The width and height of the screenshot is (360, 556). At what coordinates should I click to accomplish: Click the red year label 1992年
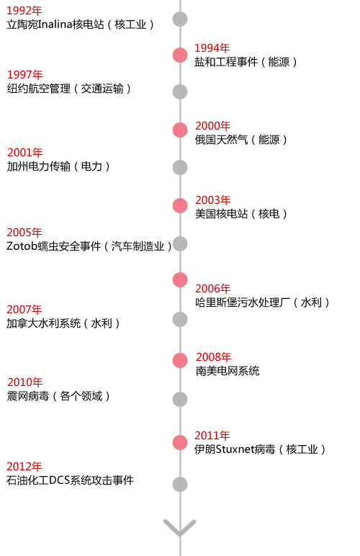[x=24, y=11]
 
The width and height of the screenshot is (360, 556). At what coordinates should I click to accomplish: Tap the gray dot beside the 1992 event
[x=180, y=19]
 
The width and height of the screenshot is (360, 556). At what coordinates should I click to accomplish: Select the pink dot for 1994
[x=180, y=55]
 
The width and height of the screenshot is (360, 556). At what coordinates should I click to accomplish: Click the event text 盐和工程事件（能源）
[x=246, y=62]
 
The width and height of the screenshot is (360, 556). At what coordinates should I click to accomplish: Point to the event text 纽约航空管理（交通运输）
[x=69, y=89]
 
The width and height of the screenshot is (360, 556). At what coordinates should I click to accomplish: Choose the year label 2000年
[x=213, y=126]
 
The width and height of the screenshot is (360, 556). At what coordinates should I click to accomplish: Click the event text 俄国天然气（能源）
[x=241, y=140]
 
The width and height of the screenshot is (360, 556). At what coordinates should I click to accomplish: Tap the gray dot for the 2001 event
[x=180, y=167]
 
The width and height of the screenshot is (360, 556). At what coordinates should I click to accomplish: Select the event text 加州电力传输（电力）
[x=58, y=166]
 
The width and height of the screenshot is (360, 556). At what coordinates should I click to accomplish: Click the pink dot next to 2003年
[x=180, y=206]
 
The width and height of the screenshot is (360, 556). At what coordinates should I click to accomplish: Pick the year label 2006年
[x=213, y=289]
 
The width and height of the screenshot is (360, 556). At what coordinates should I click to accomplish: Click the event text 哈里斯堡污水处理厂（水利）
[x=262, y=302]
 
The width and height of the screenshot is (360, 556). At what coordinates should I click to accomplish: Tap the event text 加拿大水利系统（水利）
[x=63, y=323]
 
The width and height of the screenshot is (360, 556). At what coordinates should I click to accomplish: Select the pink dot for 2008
[x=180, y=360]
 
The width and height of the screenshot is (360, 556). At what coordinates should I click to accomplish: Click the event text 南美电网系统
[x=228, y=371]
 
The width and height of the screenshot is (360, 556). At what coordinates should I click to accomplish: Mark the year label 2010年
[x=25, y=382]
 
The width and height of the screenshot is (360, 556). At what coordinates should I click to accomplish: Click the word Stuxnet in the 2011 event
[x=235, y=449]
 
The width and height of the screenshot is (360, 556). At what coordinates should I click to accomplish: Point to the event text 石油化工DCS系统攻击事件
[x=70, y=480]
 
